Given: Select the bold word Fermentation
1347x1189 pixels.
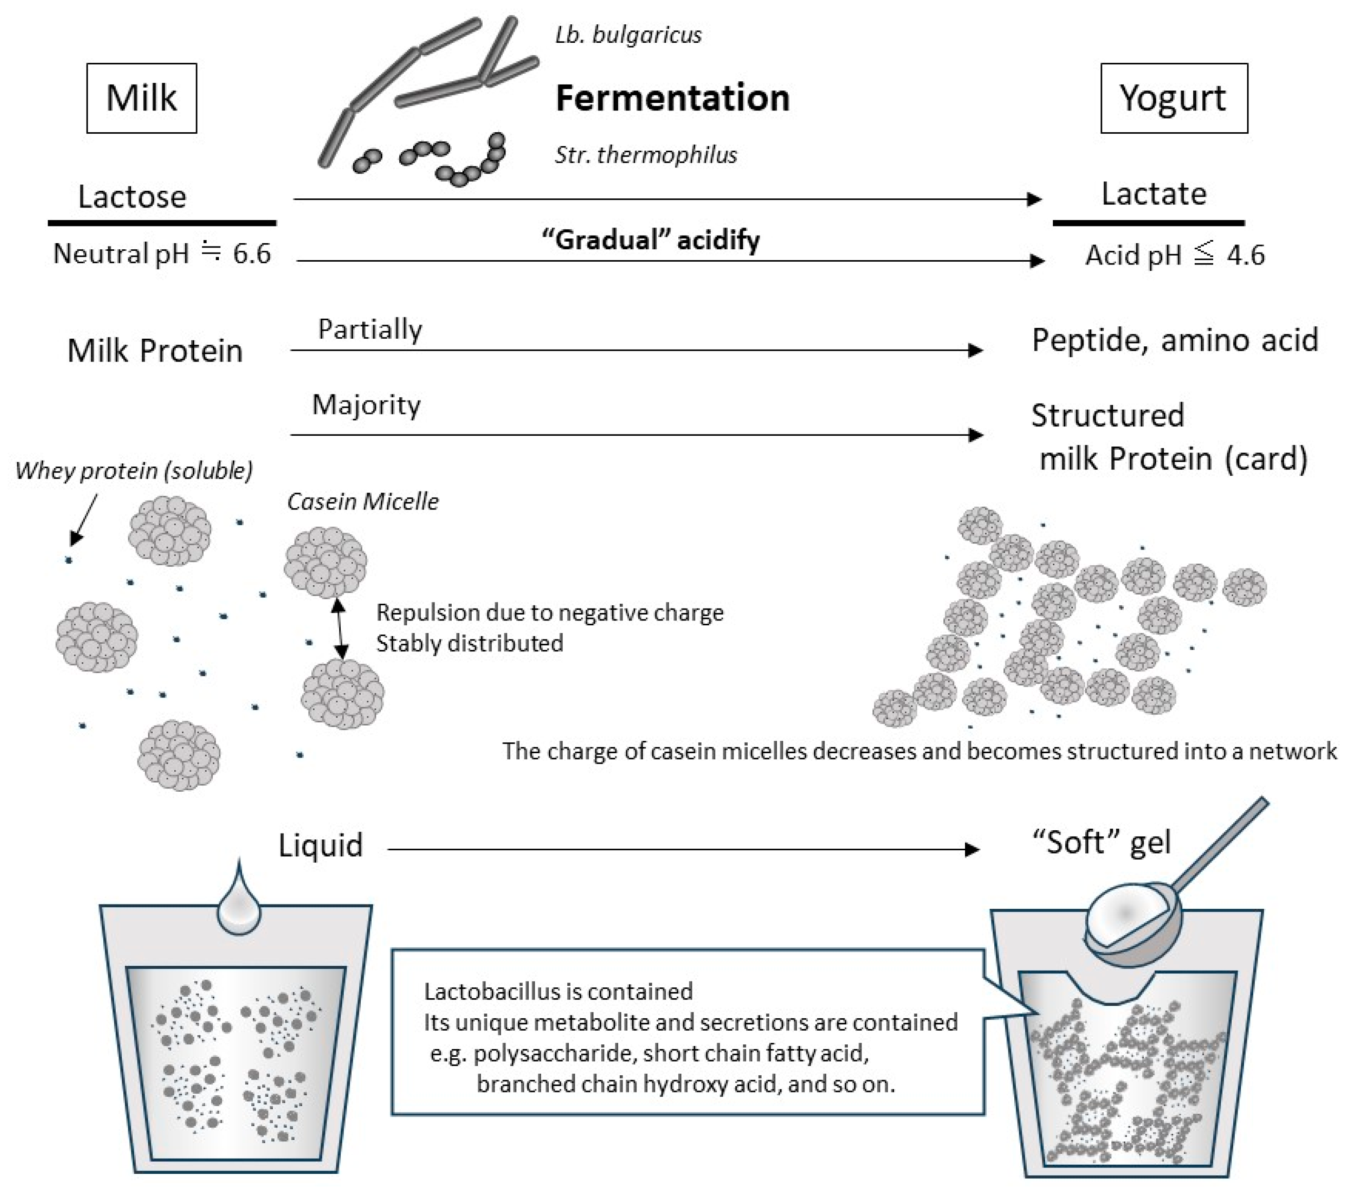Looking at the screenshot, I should [x=672, y=98].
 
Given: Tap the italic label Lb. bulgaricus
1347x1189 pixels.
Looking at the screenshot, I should [x=628, y=35].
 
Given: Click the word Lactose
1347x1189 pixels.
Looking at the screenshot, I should [x=132, y=197].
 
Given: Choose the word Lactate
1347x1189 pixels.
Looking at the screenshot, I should [x=1153, y=194].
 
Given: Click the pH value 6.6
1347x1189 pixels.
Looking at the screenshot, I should [x=251, y=254].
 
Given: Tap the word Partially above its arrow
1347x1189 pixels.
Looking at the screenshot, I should [x=370, y=329].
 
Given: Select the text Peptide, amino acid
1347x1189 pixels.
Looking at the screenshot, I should [x=1174, y=340].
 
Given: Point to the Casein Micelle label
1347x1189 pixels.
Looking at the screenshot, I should [x=362, y=501].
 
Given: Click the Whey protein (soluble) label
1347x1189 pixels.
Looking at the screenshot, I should [x=134, y=471].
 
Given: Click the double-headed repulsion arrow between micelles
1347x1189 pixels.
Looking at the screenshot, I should [x=339, y=628].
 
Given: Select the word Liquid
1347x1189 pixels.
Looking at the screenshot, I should [x=320, y=845].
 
